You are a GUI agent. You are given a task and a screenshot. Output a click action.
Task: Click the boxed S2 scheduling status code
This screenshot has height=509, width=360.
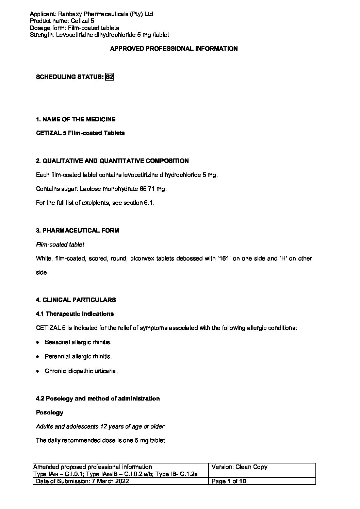109,77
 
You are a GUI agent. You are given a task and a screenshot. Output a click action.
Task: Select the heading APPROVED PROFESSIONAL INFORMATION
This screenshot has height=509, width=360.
174,49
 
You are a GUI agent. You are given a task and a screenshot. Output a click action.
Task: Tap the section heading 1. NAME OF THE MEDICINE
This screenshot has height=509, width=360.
76,119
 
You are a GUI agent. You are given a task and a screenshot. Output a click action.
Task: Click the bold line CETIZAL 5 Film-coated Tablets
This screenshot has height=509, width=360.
80,133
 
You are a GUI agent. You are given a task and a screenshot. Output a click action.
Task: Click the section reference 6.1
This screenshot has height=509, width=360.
149,203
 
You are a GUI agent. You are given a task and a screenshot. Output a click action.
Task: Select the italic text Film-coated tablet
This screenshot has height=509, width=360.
60,244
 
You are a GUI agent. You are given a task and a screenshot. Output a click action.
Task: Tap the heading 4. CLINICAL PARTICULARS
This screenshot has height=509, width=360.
76,300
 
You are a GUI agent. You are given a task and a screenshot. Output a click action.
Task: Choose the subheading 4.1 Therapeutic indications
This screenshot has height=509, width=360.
75,314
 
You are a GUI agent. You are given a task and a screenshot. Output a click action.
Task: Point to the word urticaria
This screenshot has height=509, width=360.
104,371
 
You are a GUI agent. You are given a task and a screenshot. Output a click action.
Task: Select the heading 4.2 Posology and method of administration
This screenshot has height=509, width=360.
98,398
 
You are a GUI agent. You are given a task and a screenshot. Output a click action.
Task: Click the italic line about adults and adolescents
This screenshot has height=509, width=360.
100,426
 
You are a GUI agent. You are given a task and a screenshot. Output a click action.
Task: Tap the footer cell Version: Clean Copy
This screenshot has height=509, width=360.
240,467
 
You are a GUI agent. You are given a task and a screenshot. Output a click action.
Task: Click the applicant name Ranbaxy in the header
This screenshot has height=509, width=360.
68,14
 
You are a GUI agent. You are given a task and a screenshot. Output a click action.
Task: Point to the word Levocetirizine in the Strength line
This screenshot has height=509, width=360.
73,35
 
